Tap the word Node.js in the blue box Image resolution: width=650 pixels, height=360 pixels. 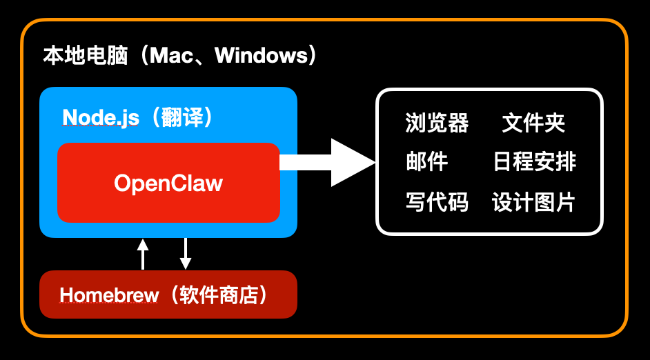click(x=101, y=118)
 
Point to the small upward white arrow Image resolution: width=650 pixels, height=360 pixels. click(x=143, y=253)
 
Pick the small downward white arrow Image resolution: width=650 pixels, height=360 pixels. click(x=186, y=253)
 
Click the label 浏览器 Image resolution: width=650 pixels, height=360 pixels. click(x=437, y=123)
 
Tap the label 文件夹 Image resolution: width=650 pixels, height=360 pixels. click(x=533, y=123)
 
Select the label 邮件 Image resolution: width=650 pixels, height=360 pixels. click(x=426, y=162)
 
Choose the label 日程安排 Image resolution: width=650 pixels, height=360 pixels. click(x=534, y=162)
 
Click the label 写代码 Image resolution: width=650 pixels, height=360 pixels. click(x=437, y=202)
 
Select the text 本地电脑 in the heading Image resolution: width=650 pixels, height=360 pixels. click(x=85, y=55)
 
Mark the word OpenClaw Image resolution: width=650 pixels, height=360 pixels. click(x=168, y=183)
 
